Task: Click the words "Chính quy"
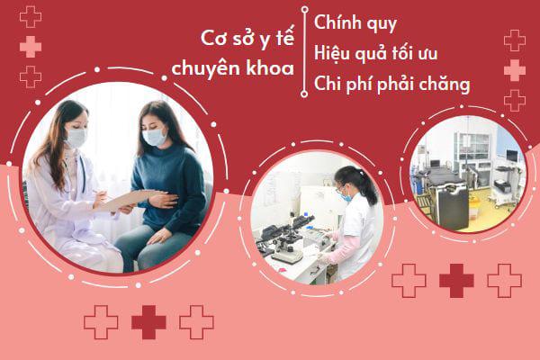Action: click(355, 23)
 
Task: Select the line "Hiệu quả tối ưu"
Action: click(375, 54)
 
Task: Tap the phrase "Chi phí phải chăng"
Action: click(391, 85)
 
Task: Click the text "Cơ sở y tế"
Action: click(247, 38)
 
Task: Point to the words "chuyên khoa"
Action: click(233, 67)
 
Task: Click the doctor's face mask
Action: click(76, 138)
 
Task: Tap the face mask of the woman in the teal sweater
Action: click(155, 137)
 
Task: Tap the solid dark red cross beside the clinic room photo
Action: click(456, 281)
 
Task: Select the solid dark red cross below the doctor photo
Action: click(148, 322)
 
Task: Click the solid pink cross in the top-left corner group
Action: click(31, 47)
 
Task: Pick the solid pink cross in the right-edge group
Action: click(515, 70)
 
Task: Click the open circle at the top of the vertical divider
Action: click(304, 10)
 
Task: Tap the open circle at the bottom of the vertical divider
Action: click(304, 94)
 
